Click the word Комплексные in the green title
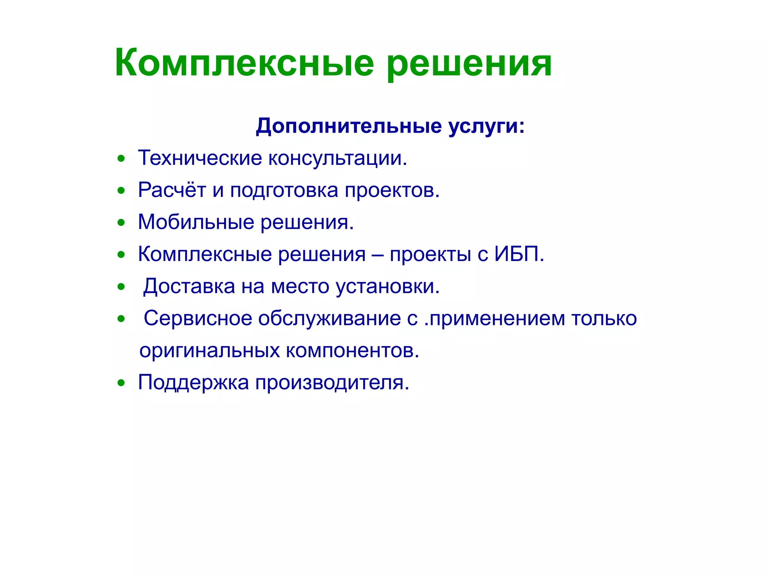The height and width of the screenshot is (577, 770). tap(244, 63)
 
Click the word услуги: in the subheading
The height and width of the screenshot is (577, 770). tap(487, 126)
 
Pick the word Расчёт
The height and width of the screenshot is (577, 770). tap(172, 190)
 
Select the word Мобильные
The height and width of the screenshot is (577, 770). tap(196, 222)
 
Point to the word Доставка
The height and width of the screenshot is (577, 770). tap(189, 287)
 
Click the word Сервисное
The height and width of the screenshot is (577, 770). tap(198, 319)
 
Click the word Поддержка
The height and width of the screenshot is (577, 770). tap(194, 383)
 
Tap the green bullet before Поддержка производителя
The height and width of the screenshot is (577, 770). tap(121, 384)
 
